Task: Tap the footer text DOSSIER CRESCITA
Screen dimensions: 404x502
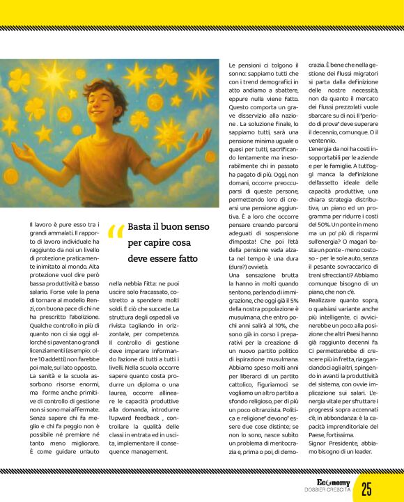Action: (x=327, y=492)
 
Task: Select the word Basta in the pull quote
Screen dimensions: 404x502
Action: (x=141, y=228)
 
